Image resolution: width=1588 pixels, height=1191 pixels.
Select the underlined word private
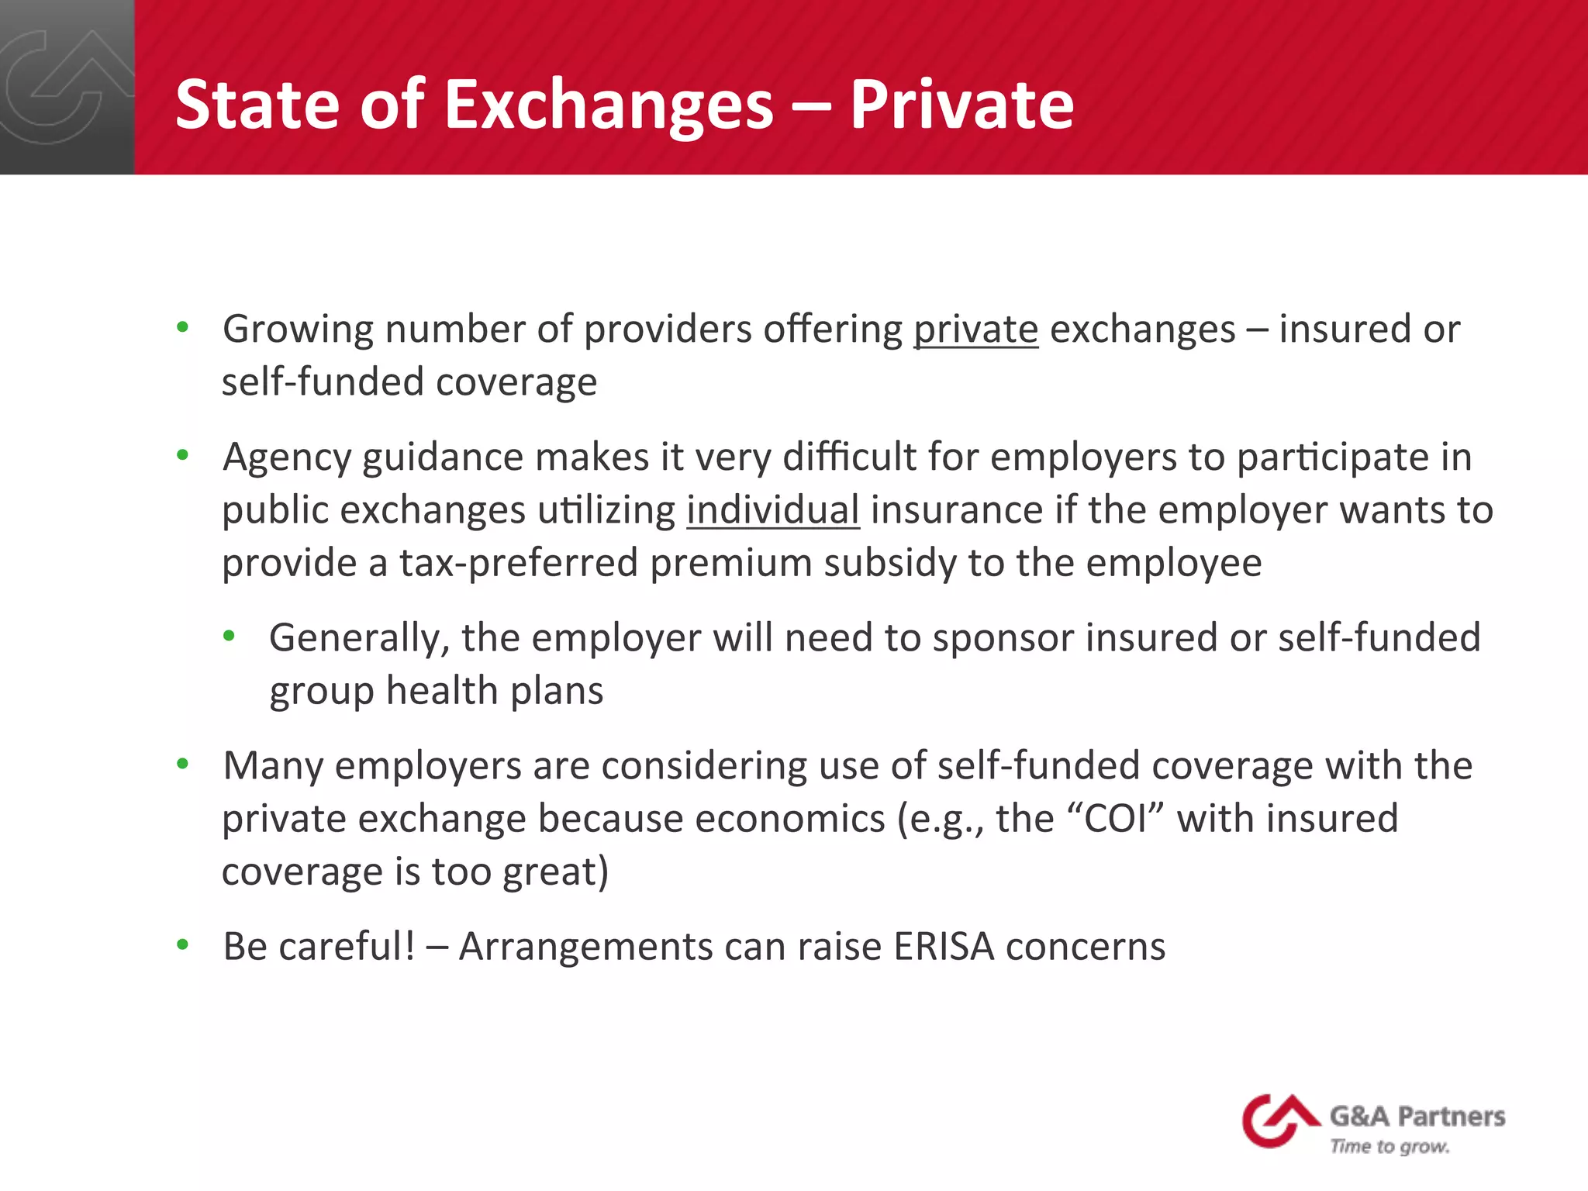[975, 330]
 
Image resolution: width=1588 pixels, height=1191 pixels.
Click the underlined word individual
[772, 510]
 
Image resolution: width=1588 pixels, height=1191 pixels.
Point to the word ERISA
[944, 947]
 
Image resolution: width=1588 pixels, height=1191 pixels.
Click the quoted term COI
[1116, 819]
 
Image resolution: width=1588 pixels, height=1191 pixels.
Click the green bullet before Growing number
[183, 327]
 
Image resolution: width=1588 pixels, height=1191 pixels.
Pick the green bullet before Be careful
[183, 944]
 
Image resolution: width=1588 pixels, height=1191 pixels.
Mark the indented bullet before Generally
[229, 637]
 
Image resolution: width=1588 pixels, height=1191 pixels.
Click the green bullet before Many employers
[183, 764]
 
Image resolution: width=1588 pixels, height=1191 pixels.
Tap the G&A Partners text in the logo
[1417, 1116]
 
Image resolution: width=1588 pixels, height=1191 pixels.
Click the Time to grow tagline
[1389, 1146]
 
